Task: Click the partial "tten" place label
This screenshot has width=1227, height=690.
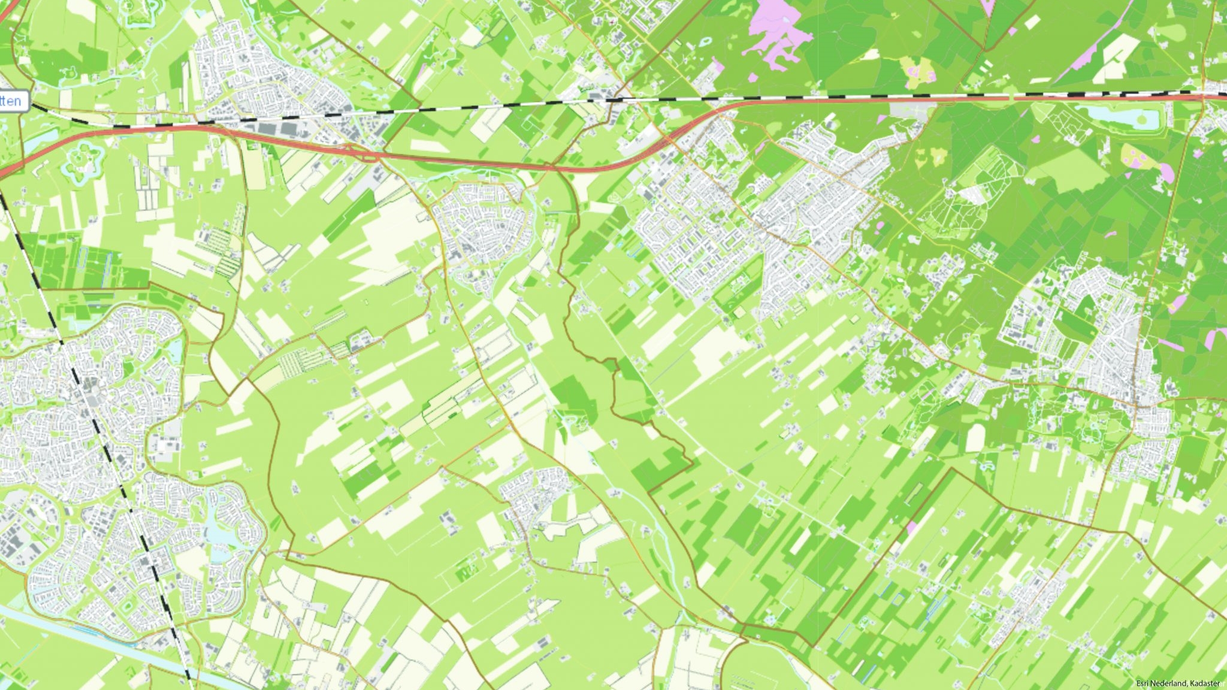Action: coord(11,101)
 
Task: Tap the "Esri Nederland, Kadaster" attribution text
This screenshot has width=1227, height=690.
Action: coord(1177,683)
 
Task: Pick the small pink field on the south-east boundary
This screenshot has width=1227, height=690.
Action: coord(911,528)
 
